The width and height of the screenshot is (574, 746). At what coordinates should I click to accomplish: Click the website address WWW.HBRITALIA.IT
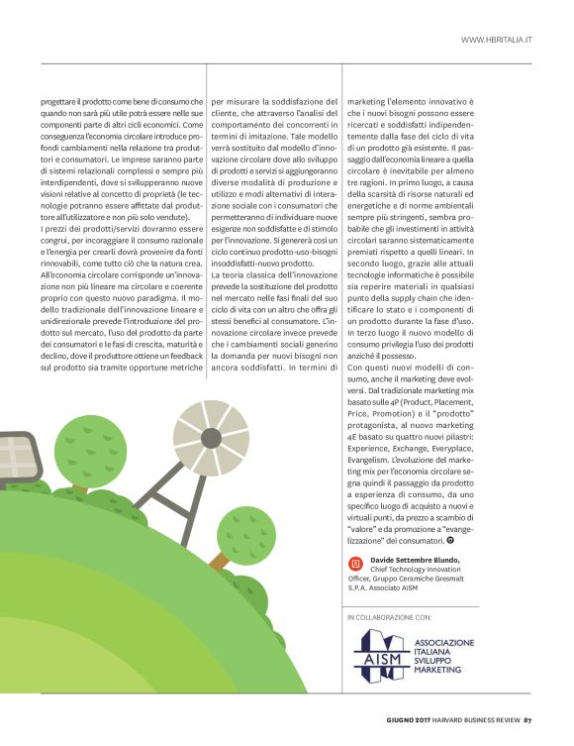pyautogui.click(x=497, y=40)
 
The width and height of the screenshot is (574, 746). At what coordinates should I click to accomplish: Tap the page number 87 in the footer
pyautogui.click(x=528, y=720)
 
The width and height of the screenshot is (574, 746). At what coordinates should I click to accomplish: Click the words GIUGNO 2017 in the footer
pyautogui.click(x=408, y=720)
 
